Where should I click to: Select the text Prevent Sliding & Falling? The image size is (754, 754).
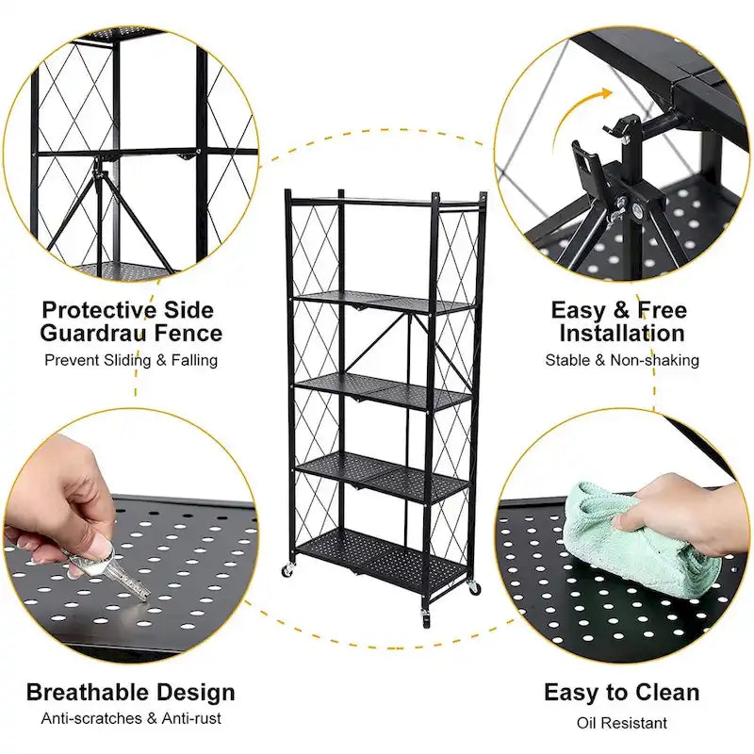tap(130, 360)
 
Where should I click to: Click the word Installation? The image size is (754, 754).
tap(621, 333)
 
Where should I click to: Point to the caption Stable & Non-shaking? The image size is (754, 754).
tap(621, 360)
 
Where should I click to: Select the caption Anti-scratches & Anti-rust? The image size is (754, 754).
tap(130, 719)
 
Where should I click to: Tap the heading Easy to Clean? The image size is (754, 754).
tap(621, 693)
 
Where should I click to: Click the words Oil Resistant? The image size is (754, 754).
tap(621, 723)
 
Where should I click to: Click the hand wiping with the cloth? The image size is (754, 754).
tap(674, 514)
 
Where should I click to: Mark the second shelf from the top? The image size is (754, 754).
tap(382, 302)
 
